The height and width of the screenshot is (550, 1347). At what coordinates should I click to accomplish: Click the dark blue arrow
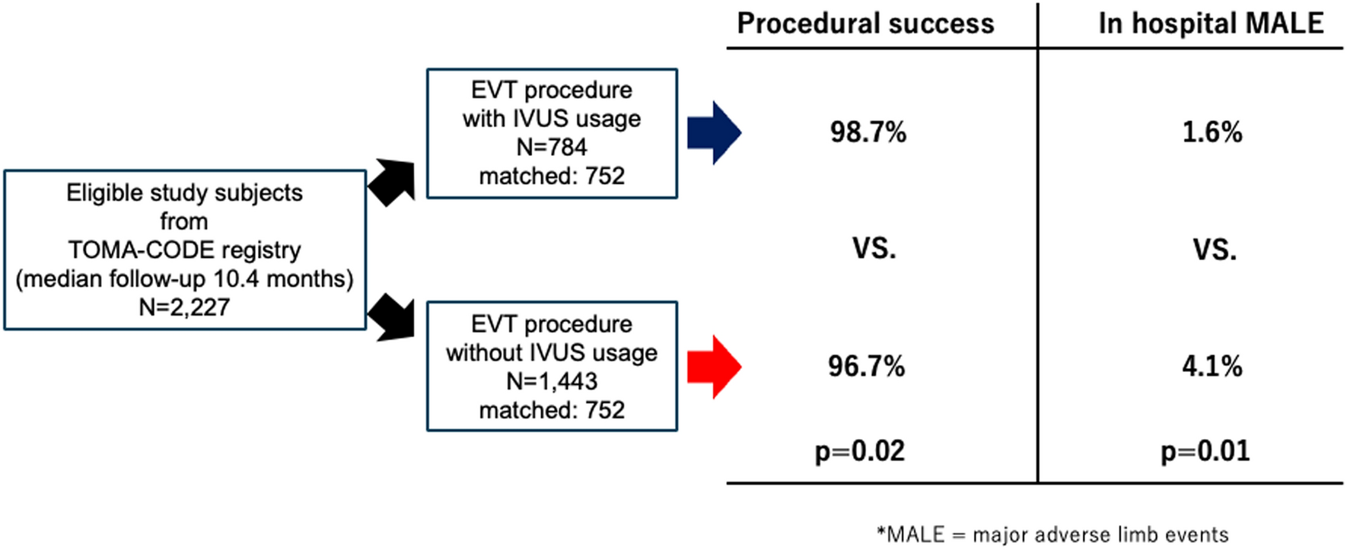click(x=714, y=132)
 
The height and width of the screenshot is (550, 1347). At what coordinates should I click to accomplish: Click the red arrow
click(x=714, y=367)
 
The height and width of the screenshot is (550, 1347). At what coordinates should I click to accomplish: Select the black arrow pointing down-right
click(x=391, y=316)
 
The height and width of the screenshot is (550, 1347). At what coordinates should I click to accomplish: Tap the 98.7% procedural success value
click(x=868, y=132)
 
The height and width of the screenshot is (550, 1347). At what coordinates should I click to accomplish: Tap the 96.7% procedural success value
click(x=867, y=367)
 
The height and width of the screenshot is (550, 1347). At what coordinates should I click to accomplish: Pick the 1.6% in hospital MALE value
click(x=1212, y=132)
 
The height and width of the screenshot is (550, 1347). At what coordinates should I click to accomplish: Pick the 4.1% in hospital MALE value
click(x=1212, y=367)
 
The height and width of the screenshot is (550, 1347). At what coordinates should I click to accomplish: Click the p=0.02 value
click(x=860, y=452)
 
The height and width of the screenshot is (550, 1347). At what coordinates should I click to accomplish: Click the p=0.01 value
click(x=1205, y=452)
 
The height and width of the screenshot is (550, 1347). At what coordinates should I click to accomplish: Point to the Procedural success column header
click(x=866, y=24)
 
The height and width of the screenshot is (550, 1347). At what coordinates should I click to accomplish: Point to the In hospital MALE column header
click(x=1212, y=24)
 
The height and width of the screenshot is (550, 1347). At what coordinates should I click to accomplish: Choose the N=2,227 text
click(x=184, y=307)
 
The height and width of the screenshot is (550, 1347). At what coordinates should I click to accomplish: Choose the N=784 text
click(x=552, y=147)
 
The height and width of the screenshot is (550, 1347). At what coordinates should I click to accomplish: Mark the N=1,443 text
click(x=552, y=381)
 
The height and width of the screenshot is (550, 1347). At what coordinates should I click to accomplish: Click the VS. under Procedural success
click(x=874, y=250)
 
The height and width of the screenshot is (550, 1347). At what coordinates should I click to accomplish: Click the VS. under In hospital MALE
click(x=1215, y=250)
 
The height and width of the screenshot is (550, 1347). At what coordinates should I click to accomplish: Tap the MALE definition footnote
click(x=1052, y=534)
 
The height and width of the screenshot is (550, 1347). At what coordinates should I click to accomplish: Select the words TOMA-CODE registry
click(x=184, y=250)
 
